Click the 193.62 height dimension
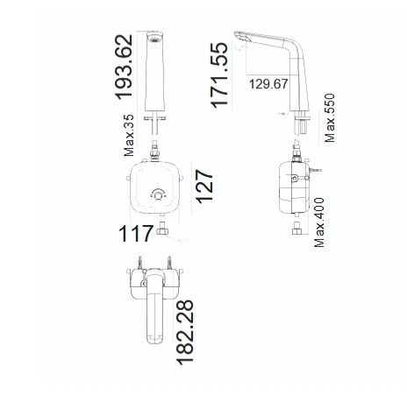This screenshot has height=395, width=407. click(x=124, y=67)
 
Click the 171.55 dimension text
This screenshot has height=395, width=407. click(x=218, y=75)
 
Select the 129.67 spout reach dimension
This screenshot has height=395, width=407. click(x=268, y=84)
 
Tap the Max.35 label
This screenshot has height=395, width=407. click(x=129, y=135)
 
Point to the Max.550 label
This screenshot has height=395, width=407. click(x=330, y=118)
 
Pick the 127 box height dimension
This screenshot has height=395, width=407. click(x=204, y=187)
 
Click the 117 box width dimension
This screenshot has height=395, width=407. click(x=136, y=234)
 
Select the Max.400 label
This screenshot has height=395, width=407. click(x=319, y=222)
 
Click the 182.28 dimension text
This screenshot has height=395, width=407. click(x=185, y=332)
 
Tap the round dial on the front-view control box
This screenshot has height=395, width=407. click(x=158, y=196)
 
